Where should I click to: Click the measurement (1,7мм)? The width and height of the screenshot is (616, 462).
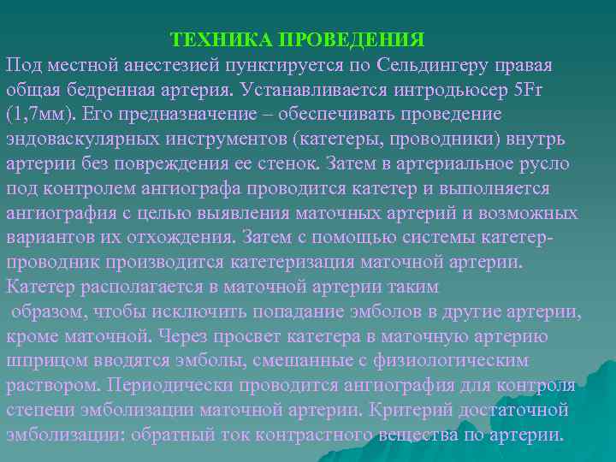pyautogui.click(x=36, y=115)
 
